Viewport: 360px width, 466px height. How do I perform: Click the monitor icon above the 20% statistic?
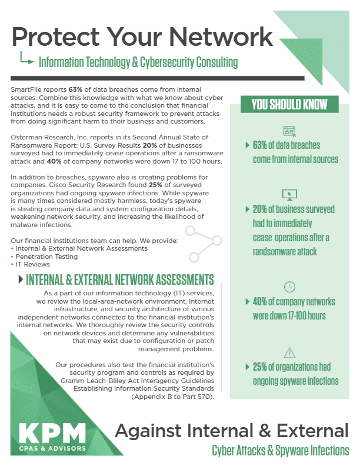pyautogui.click(x=289, y=194)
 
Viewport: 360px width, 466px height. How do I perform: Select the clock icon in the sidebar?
pyautogui.click(x=289, y=287)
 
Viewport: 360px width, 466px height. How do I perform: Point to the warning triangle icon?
pyautogui.click(x=289, y=352)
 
